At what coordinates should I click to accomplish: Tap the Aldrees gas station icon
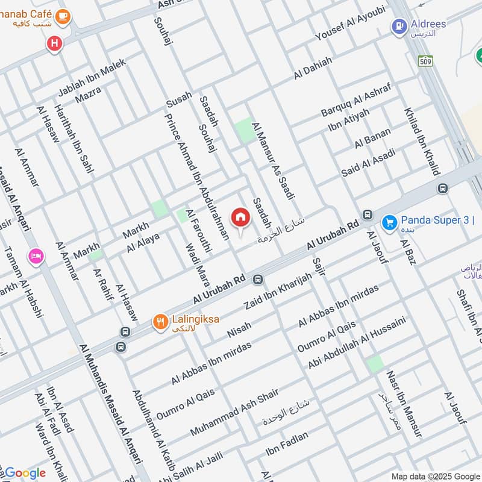tap(399, 27)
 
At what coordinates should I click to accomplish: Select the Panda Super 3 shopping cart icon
tap(389, 222)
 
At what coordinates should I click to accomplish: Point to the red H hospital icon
tap(55, 43)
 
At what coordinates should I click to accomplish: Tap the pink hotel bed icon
tap(36, 257)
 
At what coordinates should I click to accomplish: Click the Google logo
tap(25, 473)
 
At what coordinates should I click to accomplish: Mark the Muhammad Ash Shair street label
tap(234, 413)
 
